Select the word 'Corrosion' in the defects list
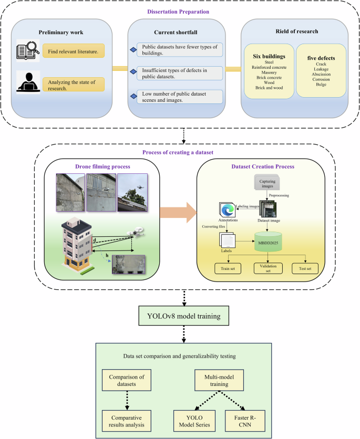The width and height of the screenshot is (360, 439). (x=321, y=79)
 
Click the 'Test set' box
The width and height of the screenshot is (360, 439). (x=305, y=268)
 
